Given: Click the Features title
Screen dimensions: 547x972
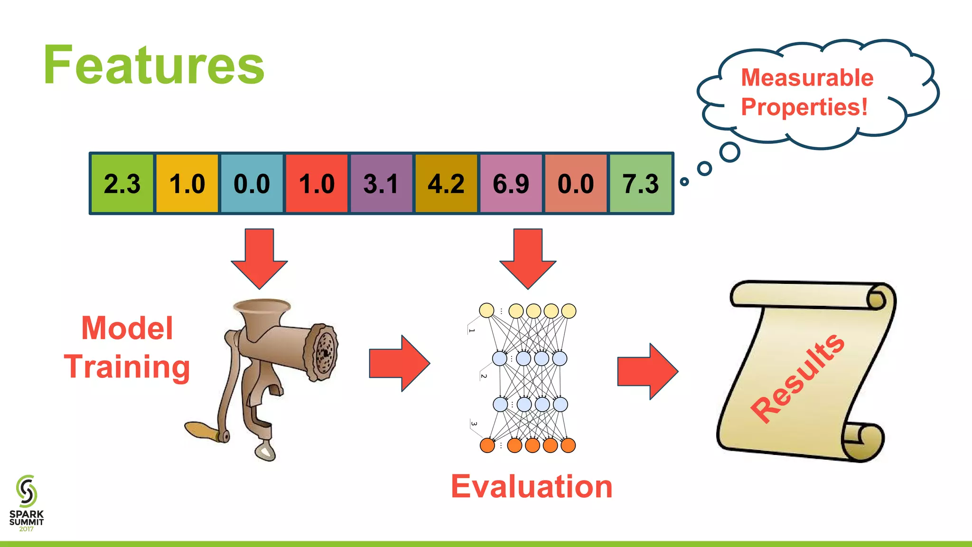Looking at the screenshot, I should pos(153,65).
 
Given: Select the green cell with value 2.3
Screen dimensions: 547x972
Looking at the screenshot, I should pos(122,184).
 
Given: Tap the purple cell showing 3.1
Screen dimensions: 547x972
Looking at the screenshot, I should pos(381,184).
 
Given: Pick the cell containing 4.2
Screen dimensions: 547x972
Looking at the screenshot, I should pos(446,184).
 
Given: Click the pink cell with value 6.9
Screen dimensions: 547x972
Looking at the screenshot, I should pos(511,184).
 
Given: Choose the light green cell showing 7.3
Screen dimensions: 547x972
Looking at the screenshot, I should pos(641,184).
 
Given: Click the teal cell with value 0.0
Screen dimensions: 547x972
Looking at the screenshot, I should pos(252,184).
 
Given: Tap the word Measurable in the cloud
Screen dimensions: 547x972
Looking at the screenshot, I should pos(807,77).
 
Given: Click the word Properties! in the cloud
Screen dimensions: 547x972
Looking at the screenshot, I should pos(804,107).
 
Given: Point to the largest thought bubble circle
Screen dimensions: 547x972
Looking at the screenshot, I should pos(729,152).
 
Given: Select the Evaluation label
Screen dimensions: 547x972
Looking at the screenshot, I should pos(532,487).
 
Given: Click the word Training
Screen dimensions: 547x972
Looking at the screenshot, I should pos(127,367).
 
